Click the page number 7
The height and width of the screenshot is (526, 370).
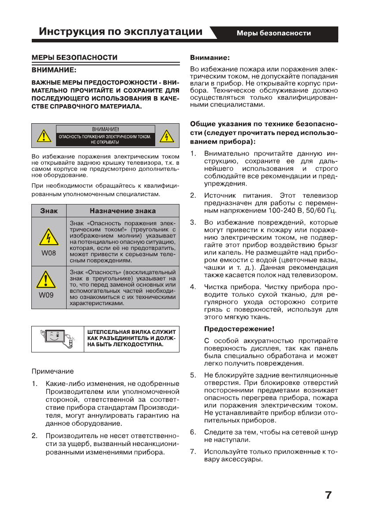coord(328,495)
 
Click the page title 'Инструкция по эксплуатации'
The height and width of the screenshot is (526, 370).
coord(121,32)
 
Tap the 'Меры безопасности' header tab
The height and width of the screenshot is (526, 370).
coord(273,33)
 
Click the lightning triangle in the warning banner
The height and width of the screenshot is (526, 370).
coord(166,136)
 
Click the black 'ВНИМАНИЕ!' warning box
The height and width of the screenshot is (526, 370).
coord(105,136)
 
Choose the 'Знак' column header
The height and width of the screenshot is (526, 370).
coord(49,211)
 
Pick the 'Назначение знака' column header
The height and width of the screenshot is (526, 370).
coord(123,211)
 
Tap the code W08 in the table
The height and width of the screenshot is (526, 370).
coord(49,254)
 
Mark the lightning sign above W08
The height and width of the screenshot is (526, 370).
coord(49,238)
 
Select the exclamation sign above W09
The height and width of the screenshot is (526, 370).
coord(49,279)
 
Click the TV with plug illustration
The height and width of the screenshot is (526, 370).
coord(58,339)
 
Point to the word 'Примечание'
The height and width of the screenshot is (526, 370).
coord(53,371)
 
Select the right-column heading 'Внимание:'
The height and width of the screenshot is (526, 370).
coord(210,57)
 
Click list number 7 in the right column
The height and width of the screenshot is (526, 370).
coord(193,451)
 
